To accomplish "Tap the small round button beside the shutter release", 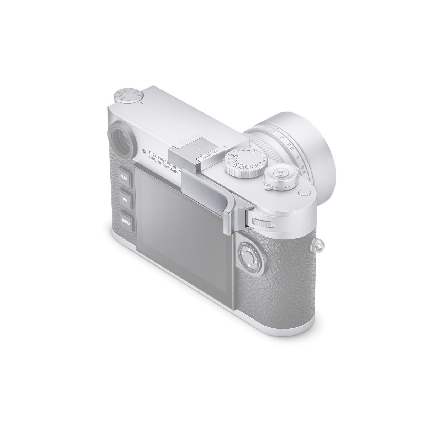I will pyautogui.click(x=304, y=192).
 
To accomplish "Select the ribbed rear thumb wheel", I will pyautogui.click(x=263, y=223).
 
